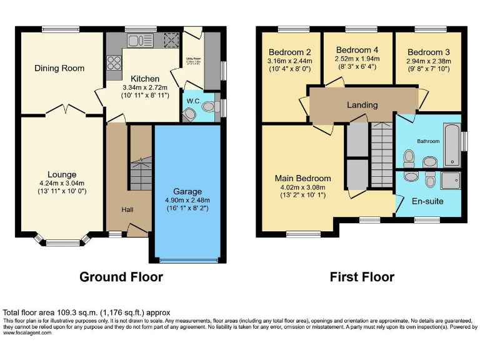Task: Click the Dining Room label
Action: (x=59, y=68)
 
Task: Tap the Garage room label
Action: (x=187, y=191)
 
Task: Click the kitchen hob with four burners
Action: (x=114, y=62)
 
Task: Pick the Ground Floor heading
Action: (x=121, y=277)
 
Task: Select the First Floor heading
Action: (x=362, y=277)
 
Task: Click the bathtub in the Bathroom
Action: (x=451, y=144)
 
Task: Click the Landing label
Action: (x=362, y=105)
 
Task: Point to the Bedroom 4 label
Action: (x=357, y=50)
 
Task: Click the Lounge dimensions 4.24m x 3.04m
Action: (x=62, y=184)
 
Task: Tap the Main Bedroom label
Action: (x=303, y=178)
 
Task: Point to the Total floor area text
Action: (x=86, y=312)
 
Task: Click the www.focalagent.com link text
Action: (x=27, y=332)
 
